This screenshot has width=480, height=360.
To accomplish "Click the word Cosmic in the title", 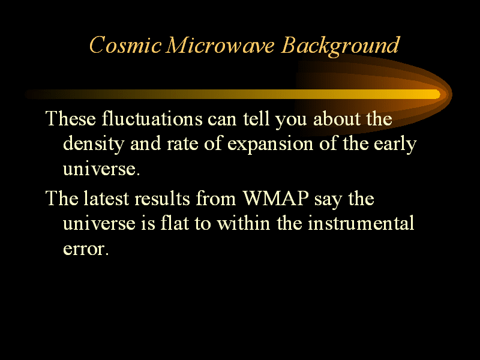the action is coord(125,45).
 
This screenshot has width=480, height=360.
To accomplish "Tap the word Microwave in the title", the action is coord(220,45).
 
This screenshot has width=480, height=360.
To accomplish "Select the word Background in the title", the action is coord(340,46).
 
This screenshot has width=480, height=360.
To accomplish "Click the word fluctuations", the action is coord(152,118).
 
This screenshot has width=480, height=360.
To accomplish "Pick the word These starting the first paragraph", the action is coord(71,118).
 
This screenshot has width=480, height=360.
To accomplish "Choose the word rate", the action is coord(182,144).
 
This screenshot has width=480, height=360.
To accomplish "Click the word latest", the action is coord(106,198).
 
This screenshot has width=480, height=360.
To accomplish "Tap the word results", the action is coord(162,198).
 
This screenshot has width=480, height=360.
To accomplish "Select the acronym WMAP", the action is coord(275,198).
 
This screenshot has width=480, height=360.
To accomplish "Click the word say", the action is coord(328,200).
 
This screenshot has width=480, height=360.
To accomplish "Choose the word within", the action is coord(244,223).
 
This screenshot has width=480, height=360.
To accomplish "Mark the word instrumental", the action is coord(361,223).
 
